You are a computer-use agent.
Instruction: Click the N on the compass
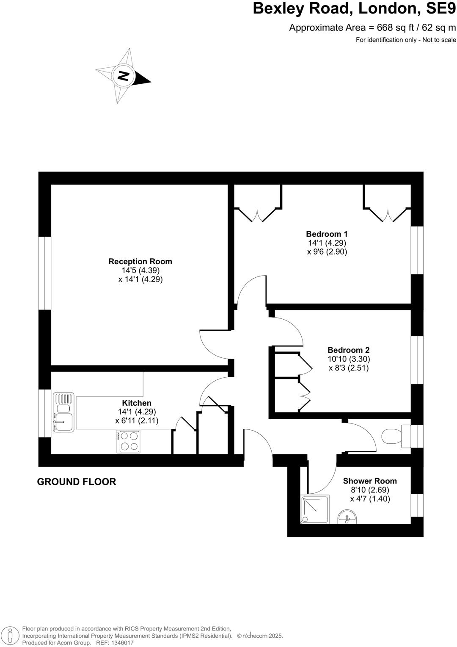[123, 76]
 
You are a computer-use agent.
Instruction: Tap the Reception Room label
[140, 261]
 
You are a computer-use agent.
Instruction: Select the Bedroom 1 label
[327, 234]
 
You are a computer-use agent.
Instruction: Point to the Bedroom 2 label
[348, 350]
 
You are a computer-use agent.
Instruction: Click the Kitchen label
[136, 403]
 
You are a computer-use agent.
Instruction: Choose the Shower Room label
[370, 481]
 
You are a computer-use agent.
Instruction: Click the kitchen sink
[63, 413]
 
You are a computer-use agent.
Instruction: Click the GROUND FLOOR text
[77, 481]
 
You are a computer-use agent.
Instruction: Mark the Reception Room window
[45, 273]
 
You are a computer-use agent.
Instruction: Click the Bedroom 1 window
[417, 250]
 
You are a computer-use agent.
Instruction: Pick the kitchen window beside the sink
[45, 413]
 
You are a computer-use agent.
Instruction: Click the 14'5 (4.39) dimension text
[140, 270]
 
